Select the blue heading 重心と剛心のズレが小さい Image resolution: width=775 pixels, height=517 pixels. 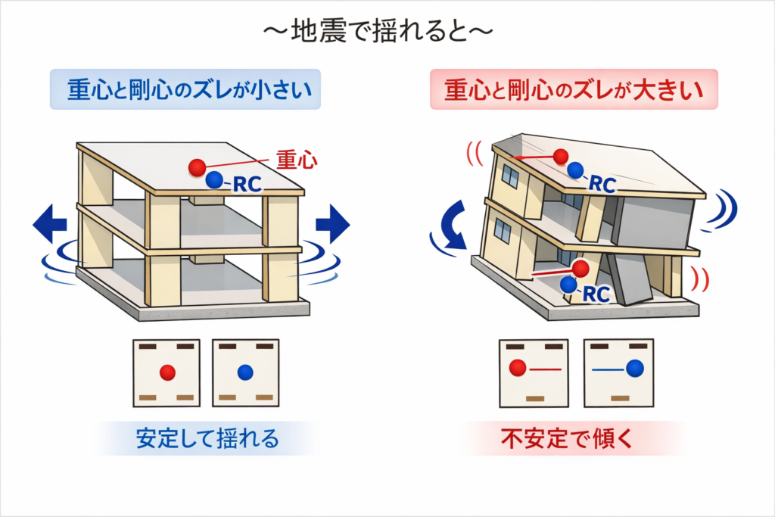point(185,90)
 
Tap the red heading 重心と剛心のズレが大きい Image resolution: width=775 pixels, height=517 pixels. point(574,90)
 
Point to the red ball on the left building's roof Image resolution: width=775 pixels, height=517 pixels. point(197,166)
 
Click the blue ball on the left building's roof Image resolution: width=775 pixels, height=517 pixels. point(215,179)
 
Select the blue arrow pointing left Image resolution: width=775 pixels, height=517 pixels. point(50,224)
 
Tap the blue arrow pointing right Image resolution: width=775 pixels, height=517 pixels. point(332,224)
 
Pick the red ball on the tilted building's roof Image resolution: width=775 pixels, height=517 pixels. point(561,157)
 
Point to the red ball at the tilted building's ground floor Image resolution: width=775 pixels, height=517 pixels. point(580,269)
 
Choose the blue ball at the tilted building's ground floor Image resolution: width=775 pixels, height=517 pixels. point(568,285)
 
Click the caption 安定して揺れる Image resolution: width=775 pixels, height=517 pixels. point(207,438)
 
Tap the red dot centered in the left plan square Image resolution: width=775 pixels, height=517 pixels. point(168,372)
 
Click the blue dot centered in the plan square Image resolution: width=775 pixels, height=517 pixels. point(245,372)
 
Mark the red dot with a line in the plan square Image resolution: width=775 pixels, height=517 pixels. point(518,368)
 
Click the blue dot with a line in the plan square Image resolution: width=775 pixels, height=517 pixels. point(635,368)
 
